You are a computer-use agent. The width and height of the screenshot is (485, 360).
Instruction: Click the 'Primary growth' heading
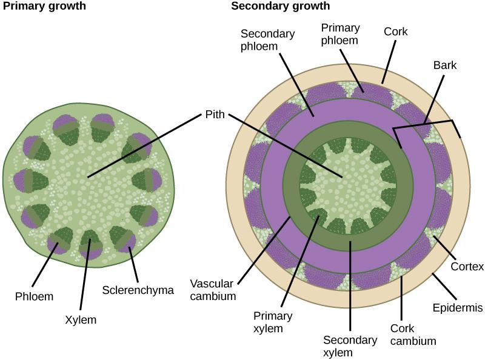coord(44,6)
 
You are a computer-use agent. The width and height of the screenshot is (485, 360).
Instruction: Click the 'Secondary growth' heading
coord(281,6)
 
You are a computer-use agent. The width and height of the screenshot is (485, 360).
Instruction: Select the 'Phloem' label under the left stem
coord(35,296)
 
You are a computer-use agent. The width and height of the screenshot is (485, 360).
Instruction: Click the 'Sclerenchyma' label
coord(138,290)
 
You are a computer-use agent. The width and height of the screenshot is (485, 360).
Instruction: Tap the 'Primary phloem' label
coord(340,34)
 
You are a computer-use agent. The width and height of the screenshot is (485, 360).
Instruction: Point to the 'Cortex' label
coord(467,267)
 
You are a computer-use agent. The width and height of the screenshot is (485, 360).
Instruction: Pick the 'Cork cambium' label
coord(412,335)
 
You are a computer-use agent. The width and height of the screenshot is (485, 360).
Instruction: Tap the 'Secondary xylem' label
coord(350,347)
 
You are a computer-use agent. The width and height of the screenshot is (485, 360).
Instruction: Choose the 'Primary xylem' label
coord(273,322)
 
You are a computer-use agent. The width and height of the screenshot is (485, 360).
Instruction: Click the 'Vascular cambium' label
coord(212,290)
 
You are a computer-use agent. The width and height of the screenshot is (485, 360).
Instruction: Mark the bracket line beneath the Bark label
coord(424,124)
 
